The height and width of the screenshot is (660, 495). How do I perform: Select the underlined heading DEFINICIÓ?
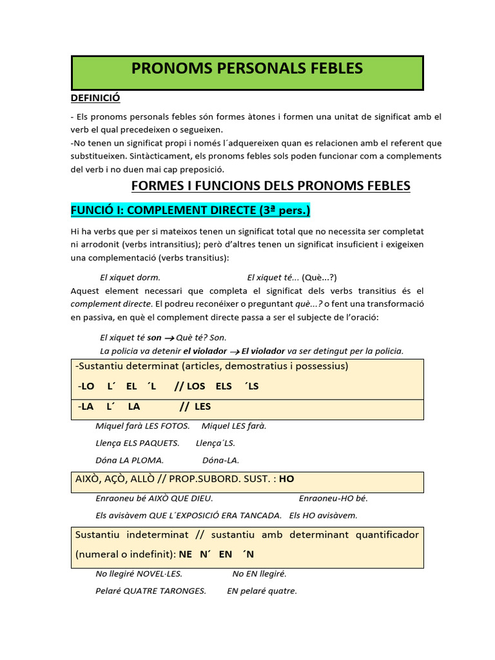(x=95, y=98)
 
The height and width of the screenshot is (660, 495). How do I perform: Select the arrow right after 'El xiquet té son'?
(x=170, y=338)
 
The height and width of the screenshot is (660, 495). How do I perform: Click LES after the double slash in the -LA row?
(x=202, y=407)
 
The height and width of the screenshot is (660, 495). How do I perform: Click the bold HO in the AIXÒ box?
(x=286, y=479)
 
